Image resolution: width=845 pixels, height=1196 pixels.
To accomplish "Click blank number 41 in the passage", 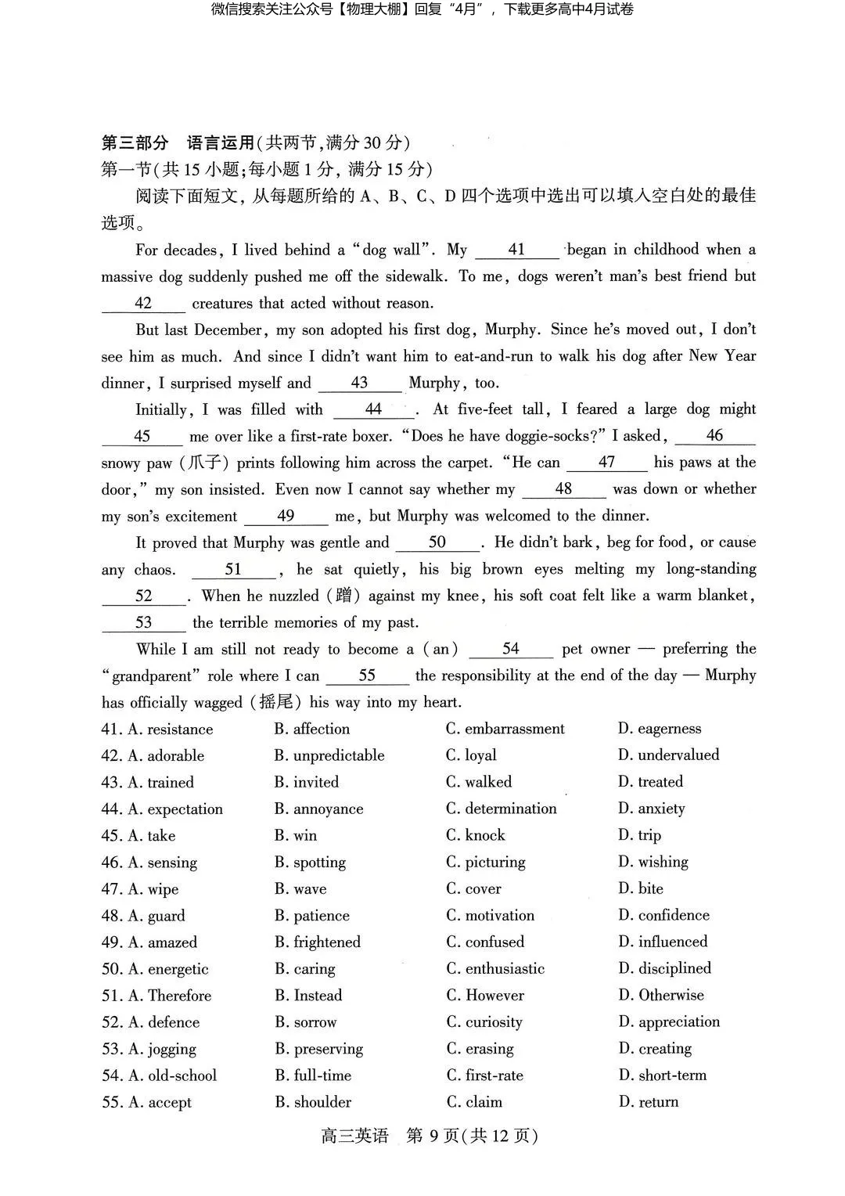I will [x=516, y=250].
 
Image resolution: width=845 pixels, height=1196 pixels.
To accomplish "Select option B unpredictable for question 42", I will [x=329, y=755].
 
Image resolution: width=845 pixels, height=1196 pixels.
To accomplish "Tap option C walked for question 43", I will [x=479, y=782].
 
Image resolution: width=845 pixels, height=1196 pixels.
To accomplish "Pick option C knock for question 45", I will [x=476, y=835].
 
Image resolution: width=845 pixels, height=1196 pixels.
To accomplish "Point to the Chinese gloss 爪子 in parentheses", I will [x=207, y=463].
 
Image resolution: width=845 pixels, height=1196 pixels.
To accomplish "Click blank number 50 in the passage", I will [x=437, y=542].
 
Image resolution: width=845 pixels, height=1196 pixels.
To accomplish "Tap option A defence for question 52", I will [x=163, y=1022].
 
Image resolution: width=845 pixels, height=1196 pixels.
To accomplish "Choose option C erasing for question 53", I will [x=480, y=1049].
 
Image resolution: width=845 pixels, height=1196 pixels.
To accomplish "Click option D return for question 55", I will [x=649, y=1102].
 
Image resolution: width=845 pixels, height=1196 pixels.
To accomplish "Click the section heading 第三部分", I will [x=135, y=142].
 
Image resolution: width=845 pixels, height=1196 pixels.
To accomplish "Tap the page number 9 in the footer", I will [x=435, y=1136].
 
